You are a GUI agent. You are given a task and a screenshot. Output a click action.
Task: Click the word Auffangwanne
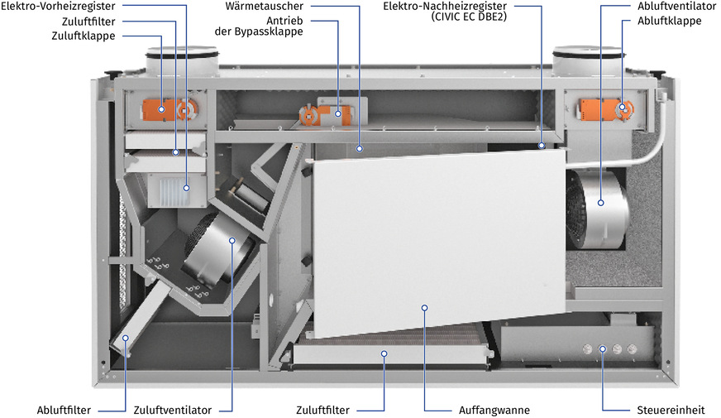(494, 410)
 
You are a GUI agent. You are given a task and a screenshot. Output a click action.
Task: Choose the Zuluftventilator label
(172, 410)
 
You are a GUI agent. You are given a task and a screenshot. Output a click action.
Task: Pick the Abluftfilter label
(64, 410)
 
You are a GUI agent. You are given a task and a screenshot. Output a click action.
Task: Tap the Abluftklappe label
(669, 21)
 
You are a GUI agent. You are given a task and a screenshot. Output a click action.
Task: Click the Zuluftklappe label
(83, 36)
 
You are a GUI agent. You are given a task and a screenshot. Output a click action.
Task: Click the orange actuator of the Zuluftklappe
(165, 108)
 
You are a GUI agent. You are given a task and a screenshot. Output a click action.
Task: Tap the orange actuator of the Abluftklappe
(606, 108)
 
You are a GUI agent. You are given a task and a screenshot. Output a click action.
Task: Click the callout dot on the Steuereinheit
(603, 348)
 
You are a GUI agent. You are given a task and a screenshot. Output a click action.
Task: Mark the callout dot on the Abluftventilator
(602, 201)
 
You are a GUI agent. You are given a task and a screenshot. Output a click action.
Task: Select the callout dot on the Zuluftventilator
(232, 241)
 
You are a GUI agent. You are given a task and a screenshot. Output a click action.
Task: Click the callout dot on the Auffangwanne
(424, 308)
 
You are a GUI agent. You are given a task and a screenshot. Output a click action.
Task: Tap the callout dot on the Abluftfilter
(126, 338)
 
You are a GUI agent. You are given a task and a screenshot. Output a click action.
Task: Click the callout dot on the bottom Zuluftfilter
(384, 353)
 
